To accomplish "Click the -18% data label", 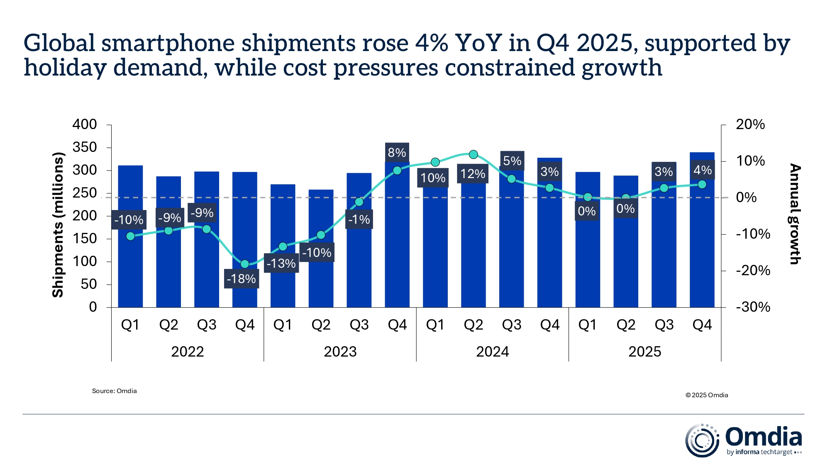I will (241, 279).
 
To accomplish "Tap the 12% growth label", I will (473, 174).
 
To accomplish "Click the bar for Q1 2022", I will (130, 270).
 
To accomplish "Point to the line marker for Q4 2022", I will (245, 264).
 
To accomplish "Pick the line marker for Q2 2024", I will (473, 154).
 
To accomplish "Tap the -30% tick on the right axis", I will (753, 307).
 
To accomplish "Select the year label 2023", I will (340, 352).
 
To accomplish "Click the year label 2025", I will (644, 352).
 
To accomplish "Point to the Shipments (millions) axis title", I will (58, 225).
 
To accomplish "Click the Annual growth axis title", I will (794, 214).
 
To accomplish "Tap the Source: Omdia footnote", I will (114, 391).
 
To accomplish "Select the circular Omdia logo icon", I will (702, 440).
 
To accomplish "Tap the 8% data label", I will (397, 152).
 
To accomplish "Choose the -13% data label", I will (281, 263).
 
